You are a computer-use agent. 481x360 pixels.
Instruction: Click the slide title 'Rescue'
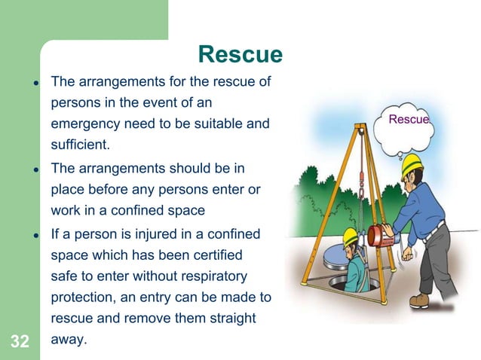[x=240, y=54]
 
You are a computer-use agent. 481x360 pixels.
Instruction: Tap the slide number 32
[x=20, y=342]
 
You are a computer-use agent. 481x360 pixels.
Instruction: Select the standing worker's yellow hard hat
[x=412, y=161]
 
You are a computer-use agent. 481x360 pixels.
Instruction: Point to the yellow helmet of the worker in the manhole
[x=351, y=236]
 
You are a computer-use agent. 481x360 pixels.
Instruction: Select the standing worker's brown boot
[x=419, y=300]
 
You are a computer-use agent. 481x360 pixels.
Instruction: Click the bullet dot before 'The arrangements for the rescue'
[x=35, y=81]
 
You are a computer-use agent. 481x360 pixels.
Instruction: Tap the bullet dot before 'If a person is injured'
[x=35, y=235]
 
